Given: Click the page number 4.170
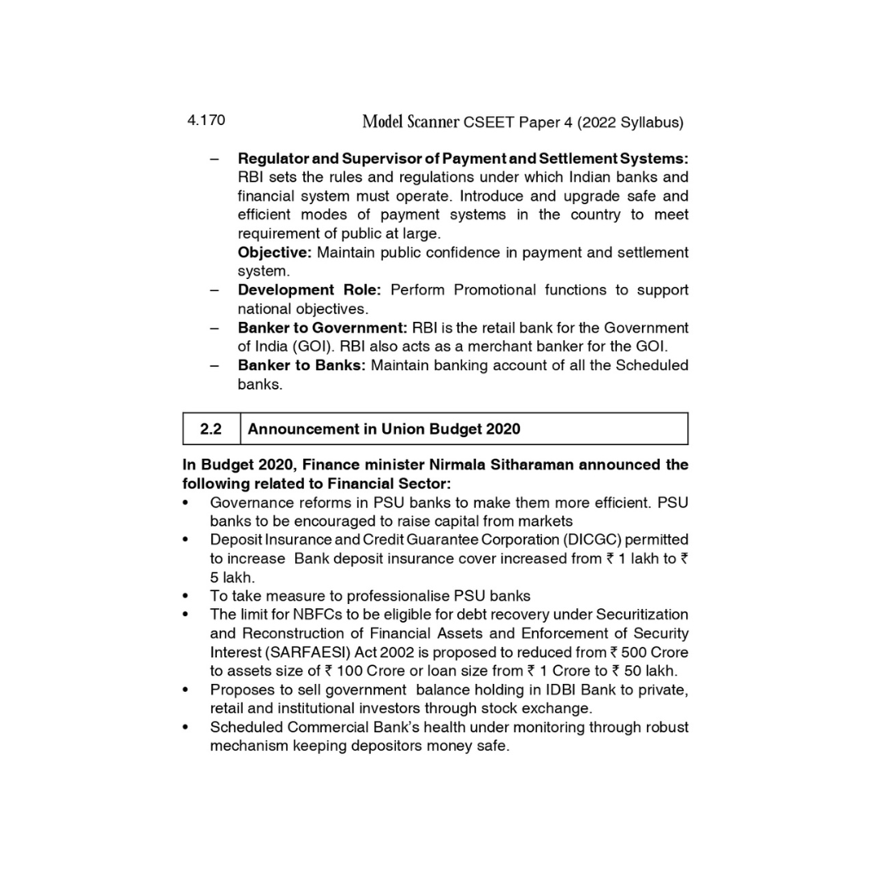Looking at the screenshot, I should coord(206,120).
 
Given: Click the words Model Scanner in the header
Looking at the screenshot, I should coord(410,122).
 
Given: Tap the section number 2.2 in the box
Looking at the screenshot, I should coord(211,429).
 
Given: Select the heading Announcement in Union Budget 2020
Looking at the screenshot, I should coord(384,429).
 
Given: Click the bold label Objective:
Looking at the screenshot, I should coord(274,252).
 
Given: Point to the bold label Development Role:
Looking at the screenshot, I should coord(309,290).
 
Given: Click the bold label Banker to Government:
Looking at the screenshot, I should coord(323,327).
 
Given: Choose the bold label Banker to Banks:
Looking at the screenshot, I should coord(301,365).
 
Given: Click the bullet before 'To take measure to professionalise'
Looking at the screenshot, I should coord(186,597).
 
